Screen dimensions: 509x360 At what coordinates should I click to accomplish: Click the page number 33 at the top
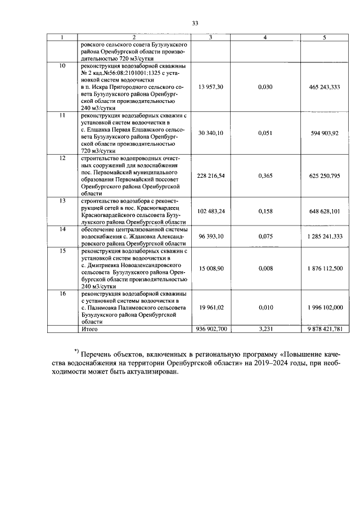[x=196, y=23]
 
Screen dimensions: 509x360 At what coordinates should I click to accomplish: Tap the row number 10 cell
[x=63, y=66]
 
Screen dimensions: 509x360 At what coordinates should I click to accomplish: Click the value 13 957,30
[x=211, y=87]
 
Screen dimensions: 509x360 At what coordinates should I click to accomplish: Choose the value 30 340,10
[x=211, y=133]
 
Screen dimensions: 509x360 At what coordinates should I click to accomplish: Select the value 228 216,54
[x=211, y=175]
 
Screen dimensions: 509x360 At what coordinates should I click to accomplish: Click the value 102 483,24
[x=211, y=211]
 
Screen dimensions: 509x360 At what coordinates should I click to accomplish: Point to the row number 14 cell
[x=63, y=229]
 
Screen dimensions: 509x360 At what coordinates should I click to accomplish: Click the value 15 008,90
[x=211, y=268]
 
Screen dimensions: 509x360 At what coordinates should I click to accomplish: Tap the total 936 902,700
[x=211, y=328]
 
